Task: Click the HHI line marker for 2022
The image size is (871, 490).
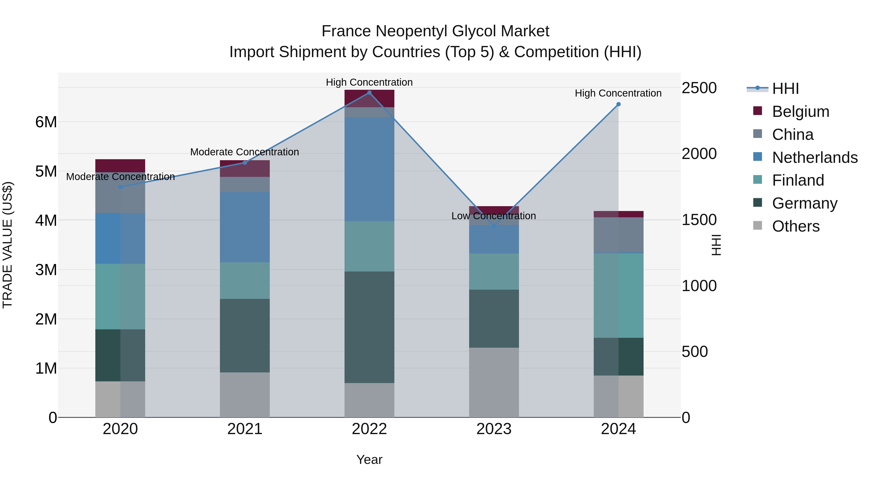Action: click(x=369, y=93)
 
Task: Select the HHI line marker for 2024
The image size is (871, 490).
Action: click(x=618, y=104)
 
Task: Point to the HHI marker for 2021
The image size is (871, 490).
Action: click(x=245, y=163)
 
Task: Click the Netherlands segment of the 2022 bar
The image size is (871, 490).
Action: click(x=369, y=169)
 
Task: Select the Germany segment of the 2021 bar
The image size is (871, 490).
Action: click(x=245, y=335)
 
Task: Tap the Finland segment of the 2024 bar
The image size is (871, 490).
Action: click(x=618, y=295)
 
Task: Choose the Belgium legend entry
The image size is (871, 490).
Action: click(x=800, y=112)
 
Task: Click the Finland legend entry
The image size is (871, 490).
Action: click(x=798, y=180)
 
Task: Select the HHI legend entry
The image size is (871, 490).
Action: click(x=785, y=89)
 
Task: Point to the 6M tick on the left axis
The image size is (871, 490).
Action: click(x=46, y=122)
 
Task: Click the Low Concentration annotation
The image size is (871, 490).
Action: click(x=494, y=216)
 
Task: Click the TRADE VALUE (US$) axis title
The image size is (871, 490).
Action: click(x=8, y=245)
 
